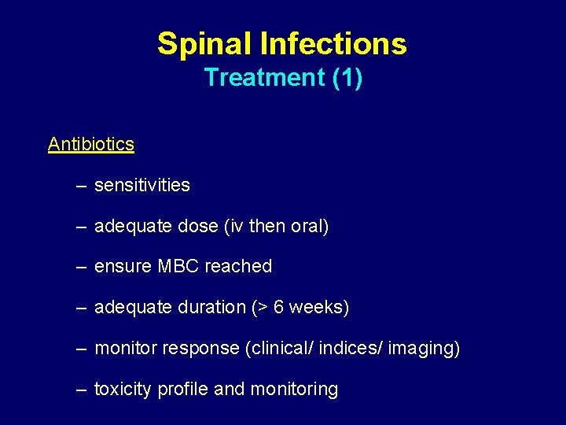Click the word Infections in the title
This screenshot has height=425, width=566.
click(x=333, y=43)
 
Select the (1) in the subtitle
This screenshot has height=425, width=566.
click(x=347, y=78)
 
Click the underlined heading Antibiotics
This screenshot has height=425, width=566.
click(x=90, y=144)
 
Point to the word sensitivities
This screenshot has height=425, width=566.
click(x=141, y=185)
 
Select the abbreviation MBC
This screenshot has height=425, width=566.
click(x=178, y=267)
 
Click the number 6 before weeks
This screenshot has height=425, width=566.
click(x=278, y=308)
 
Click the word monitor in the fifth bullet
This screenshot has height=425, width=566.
click(x=125, y=349)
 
